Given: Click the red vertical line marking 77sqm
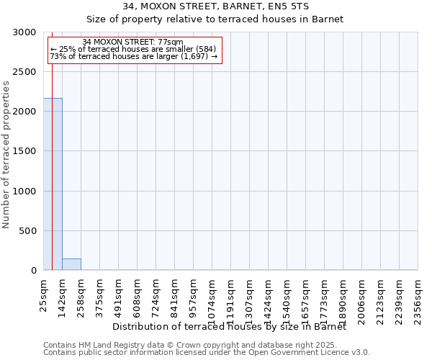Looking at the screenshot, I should (x=52, y=180).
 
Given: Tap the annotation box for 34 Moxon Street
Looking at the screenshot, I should (x=134, y=49).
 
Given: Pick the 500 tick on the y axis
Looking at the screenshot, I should (x=31, y=231).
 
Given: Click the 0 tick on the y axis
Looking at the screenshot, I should (x=35, y=271).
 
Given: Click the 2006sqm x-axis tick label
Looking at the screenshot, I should (x=362, y=294).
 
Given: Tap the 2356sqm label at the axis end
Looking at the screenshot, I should (x=418, y=294).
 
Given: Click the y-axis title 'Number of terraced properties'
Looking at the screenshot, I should (x=7, y=154).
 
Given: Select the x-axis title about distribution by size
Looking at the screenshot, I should (x=230, y=327).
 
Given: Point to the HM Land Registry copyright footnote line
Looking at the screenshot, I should (x=205, y=345).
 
